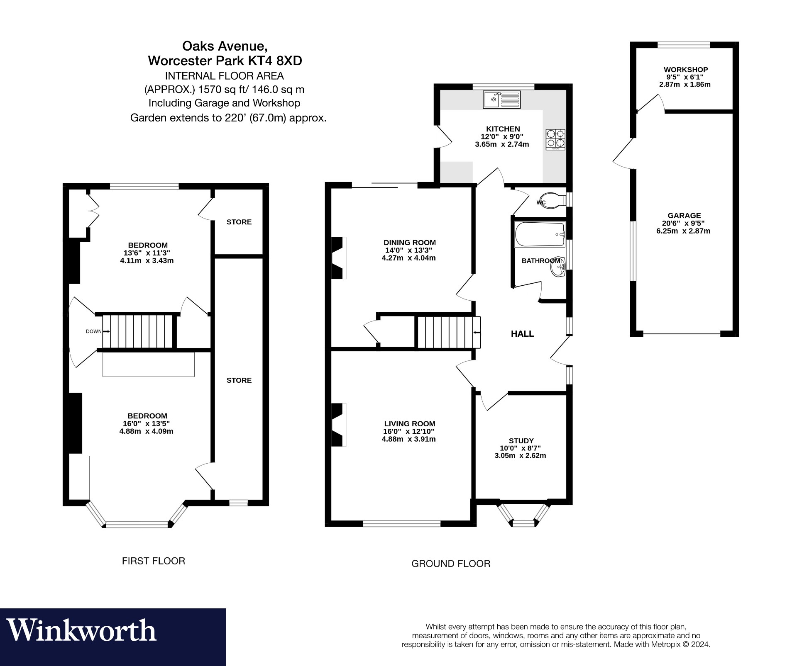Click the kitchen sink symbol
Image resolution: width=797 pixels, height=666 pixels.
coord(501,100)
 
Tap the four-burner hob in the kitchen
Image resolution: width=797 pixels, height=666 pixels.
coord(555,139)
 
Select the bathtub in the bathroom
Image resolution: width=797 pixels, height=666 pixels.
coord(539,235)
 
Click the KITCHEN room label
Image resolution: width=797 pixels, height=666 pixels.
coord(503,129)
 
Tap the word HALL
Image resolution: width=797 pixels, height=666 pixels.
coord(522,334)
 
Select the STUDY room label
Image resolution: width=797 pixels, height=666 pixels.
coord(521,441)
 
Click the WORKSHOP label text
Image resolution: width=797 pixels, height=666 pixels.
coord(685,70)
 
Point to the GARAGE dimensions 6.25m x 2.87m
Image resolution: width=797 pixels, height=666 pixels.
coord(683,231)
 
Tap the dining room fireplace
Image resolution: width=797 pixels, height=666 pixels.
coord(338,258)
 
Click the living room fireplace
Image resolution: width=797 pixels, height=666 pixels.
coord(338,425)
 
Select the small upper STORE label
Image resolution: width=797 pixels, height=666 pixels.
coord(239,222)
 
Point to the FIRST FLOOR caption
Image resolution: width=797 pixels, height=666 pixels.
coord(153,561)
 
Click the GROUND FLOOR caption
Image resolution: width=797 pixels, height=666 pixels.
coord(451,564)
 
